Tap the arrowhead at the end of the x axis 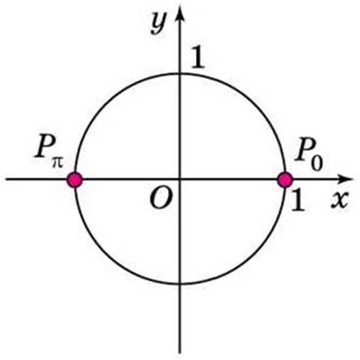pyautogui.click(x=345, y=179)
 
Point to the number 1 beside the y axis pyautogui.click(x=198, y=57)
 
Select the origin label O pyautogui.click(x=161, y=199)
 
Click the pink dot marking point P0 pyautogui.click(x=285, y=180)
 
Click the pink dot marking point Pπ pyautogui.click(x=74, y=180)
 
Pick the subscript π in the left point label pyautogui.click(x=57, y=163)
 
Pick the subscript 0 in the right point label pyautogui.click(x=317, y=163)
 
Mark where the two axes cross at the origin pyautogui.click(x=180, y=179)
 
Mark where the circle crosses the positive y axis pyautogui.click(x=180, y=74)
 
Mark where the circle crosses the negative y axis pyautogui.click(x=180, y=284)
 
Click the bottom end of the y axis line pyautogui.click(x=180, y=353)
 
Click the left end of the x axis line pyautogui.click(x=6, y=179)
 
